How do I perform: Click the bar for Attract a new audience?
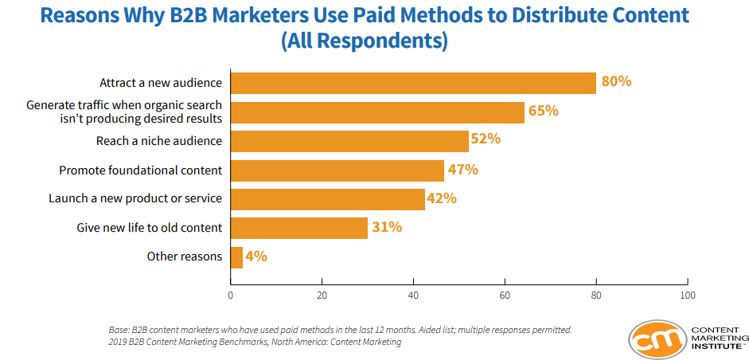click(413, 83)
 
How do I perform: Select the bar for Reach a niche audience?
click(349, 141)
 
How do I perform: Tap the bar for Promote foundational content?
click(337, 170)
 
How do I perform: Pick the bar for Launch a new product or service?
click(328, 199)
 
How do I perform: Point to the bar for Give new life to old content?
click(299, 228)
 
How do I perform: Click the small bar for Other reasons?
click(236, 257)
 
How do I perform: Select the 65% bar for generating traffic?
click(377, 112)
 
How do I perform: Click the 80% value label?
click(616, 81)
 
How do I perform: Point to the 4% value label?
click(256, 256)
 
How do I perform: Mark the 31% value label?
click(387, 227)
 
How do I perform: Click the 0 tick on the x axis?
click(231, 295)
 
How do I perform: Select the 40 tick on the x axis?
click(413, 295)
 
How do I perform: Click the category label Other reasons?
click(185, 256)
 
